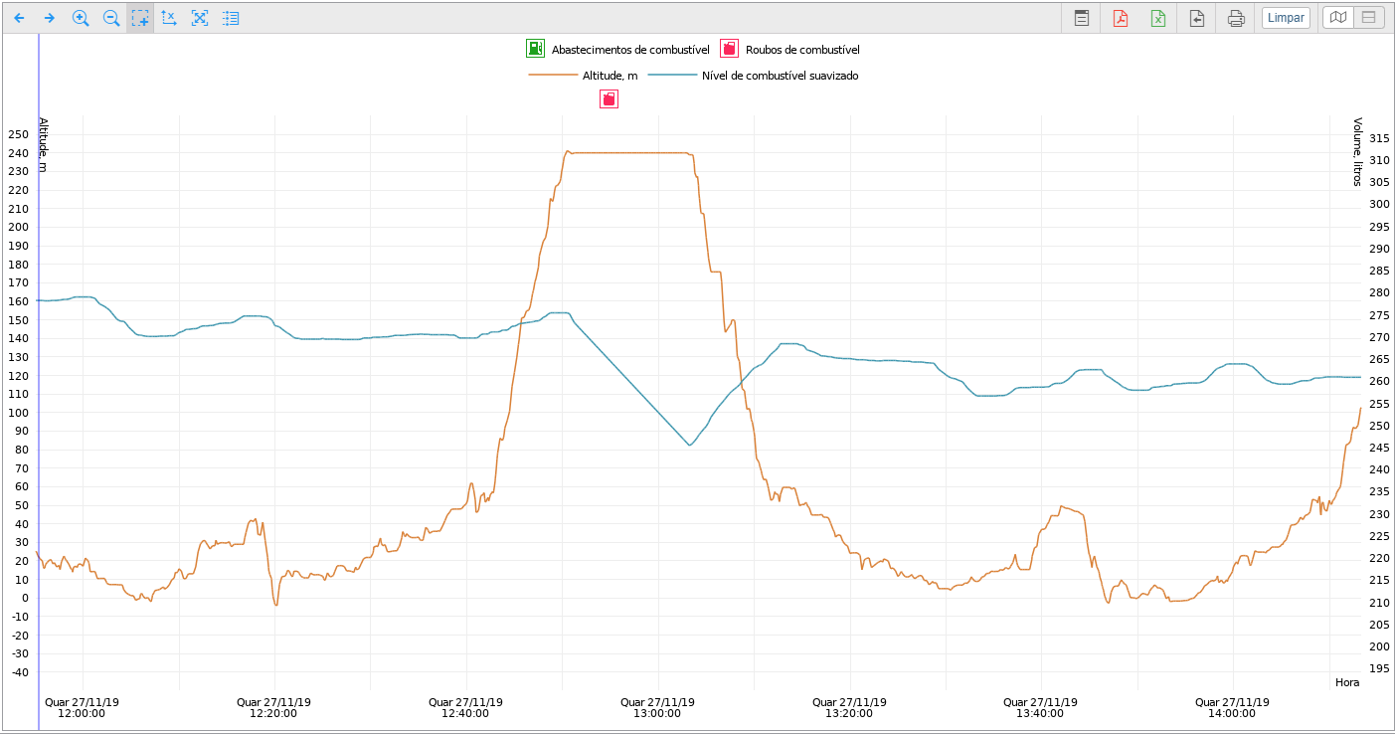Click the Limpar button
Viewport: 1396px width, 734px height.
(1286, 18)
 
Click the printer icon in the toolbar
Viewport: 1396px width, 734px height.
(1236, 18)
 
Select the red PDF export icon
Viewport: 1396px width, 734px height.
(1121, 18)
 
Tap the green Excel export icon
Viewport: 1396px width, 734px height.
(1158, 18)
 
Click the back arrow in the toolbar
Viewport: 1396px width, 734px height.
(19, 18)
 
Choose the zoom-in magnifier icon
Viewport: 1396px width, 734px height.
(81, 18)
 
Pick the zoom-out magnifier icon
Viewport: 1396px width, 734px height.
(111, 18)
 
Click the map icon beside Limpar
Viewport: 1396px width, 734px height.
(1338, 18)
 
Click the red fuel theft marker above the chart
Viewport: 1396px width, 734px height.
(609, 98)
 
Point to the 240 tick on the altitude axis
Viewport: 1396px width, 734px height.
(19, 153)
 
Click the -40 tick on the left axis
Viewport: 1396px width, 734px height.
(19, 672)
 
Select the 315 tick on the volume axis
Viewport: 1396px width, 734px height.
(1379, 138)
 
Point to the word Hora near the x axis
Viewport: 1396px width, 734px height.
(1346, 682)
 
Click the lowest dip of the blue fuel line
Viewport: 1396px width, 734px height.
(689, 445)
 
